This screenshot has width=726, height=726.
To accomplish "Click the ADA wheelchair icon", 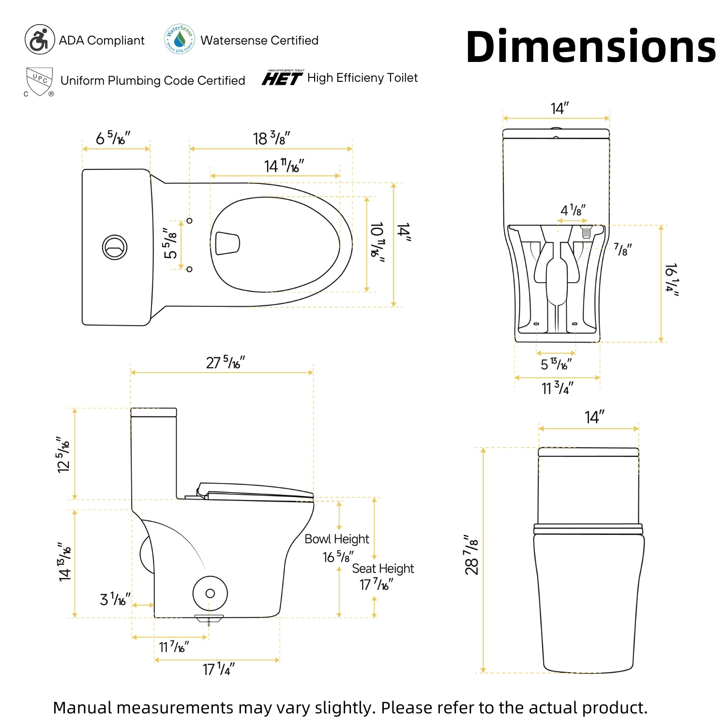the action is (x=40, y=40).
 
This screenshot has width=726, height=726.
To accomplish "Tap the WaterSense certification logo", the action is (x=180, y=39).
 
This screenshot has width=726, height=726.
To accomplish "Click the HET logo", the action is (x=283, y=77).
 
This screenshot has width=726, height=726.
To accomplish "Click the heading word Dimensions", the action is (x=590, y=46).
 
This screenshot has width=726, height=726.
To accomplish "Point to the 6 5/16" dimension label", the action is (x=113, y=138).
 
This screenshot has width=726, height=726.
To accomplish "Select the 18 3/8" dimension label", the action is (x=272, y=138).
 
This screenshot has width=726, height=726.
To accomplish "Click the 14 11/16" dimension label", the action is (x=284, y=166).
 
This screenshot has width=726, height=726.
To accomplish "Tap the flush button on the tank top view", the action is (x=115, y=247).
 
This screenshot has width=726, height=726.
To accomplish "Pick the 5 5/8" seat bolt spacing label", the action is (x=170, y=243).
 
